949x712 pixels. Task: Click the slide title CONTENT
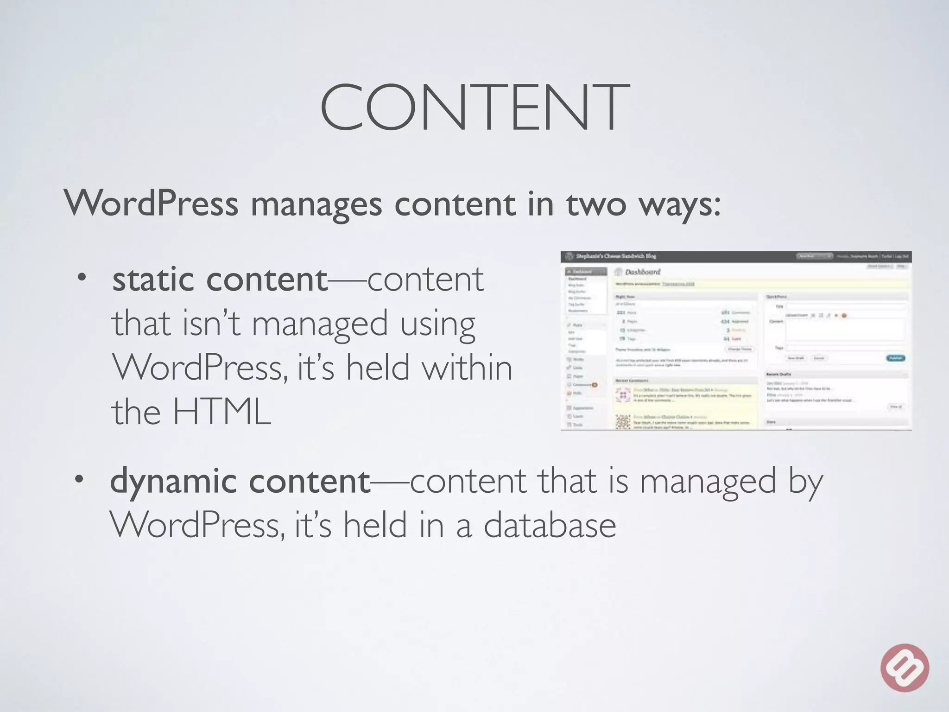coord(474,108)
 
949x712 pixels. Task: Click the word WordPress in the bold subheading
coord(151,203)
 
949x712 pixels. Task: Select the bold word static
coord(153,280)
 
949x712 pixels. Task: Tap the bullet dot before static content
coord(82,278)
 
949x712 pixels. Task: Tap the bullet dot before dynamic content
coord(80,479)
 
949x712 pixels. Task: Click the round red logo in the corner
coord(905,667)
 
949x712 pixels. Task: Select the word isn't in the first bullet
coord(211,323)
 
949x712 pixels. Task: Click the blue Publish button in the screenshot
coord(895,358)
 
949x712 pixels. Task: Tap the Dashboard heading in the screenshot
coord(642,272)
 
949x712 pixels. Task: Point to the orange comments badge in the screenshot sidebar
coord(595,385)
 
